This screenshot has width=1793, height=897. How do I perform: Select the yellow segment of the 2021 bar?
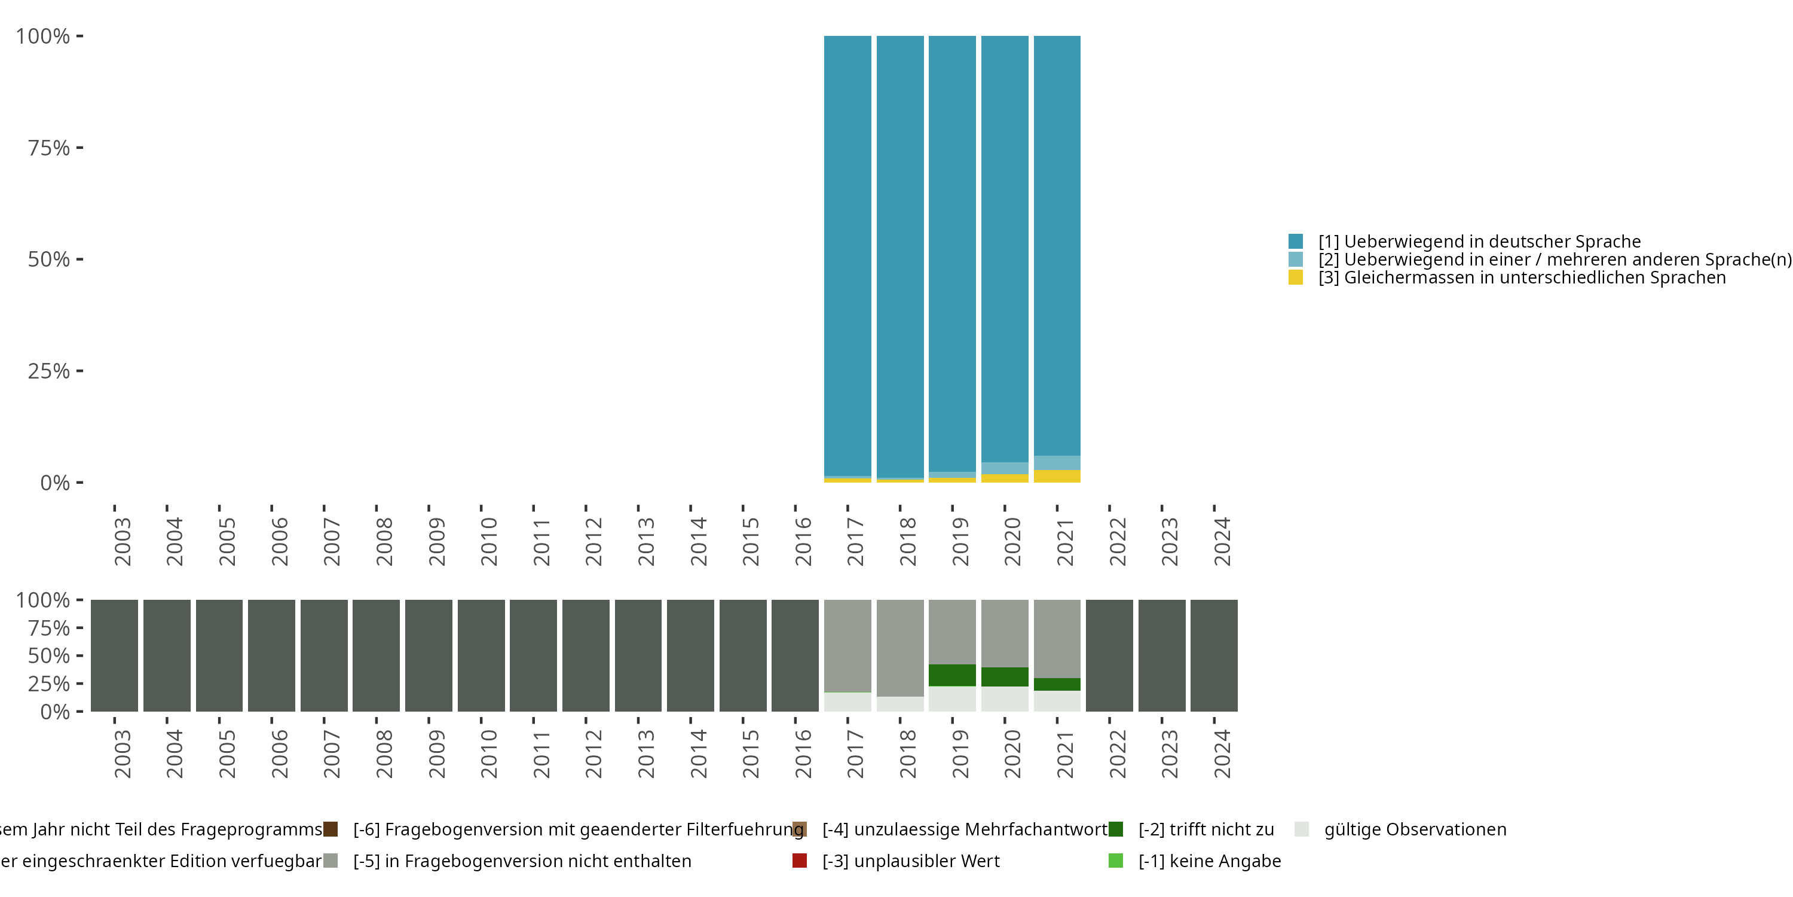coord(1057,477)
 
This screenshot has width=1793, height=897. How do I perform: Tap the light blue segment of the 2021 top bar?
coord(1057,463)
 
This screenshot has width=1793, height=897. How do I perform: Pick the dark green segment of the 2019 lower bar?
coord(951,675)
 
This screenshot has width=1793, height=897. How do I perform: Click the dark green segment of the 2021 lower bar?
coord(1057,684)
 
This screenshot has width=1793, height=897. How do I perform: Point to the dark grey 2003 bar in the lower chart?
coord(114,655)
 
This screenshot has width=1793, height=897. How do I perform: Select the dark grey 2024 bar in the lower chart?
coord(1214,655)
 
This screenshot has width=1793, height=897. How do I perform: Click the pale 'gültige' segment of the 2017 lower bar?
coord(847,701)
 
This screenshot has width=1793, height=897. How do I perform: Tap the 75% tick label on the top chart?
coord(49,148)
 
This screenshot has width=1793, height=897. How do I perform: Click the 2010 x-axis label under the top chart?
coord(489,541)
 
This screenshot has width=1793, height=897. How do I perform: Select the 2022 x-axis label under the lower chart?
coord(1117,753)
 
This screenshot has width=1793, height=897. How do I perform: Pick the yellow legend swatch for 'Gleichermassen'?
coord(1295,277)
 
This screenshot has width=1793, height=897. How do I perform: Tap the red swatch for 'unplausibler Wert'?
coord(800,861)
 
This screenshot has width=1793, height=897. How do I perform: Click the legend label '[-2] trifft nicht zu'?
coord(1205,829)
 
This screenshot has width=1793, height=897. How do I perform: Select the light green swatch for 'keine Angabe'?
coord(1116,861)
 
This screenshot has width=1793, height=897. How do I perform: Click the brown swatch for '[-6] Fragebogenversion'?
coord(331,829)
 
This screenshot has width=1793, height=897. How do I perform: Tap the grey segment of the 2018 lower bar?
coord(899,648)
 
